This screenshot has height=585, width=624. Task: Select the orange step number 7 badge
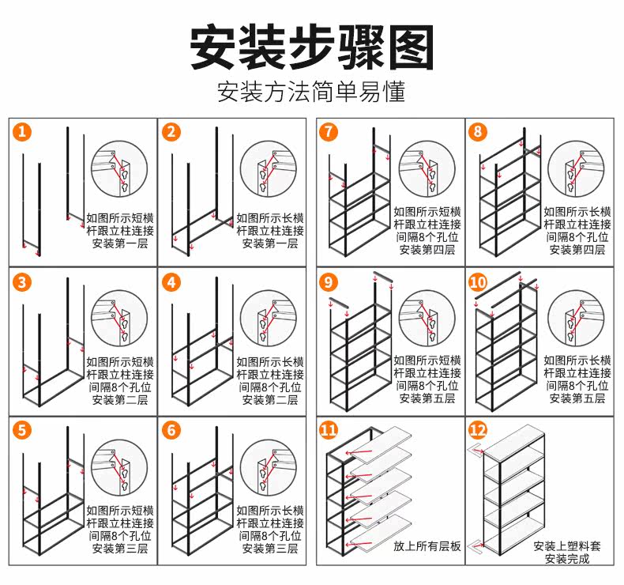329,132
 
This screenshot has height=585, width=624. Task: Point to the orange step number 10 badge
479,282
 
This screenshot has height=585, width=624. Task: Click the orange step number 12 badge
479,431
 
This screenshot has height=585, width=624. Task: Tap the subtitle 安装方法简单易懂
312,92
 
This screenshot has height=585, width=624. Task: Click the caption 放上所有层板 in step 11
427,546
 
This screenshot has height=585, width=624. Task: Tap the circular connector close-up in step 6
269,470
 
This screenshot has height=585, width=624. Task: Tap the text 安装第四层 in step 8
577,250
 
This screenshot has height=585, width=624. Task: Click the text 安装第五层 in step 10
577,398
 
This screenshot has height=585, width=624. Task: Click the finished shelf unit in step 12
513,490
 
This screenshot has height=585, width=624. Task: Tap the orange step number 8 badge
479,132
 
